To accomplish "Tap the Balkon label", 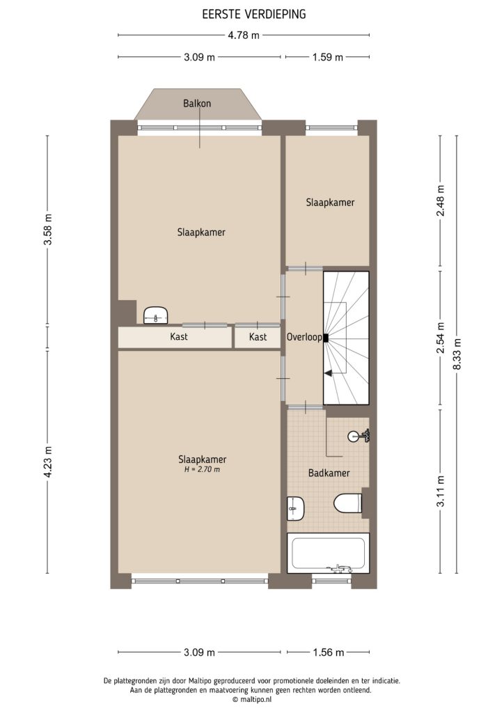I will pyautogui.click(x=197, y=103).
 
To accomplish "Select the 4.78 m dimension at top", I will pyautogui.click(x=244, y=36).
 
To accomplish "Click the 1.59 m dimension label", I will pyautogui.click(x=327, y=58).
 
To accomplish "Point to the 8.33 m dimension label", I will pyautogui.click(x=457, y=354).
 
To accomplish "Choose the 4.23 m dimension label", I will pyautogui.click(x=48, y=461).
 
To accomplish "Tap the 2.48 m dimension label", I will pyautogui.click(x=439, y=200).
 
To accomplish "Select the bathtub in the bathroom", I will pyautogui.click(x=328, y=554).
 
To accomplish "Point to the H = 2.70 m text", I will pyautogui.click(x=201, y=470).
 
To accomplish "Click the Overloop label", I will pyautogui.click(x=304, y=338).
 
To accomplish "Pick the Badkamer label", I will pyautogui.click(x=329, y=473).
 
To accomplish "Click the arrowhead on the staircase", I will pyautogui.click(x=327, y=374).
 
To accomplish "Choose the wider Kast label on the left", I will pyautogui.click(x=179, y=337).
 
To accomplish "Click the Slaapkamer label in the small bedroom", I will pyautogui.click(x=330, y=203).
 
